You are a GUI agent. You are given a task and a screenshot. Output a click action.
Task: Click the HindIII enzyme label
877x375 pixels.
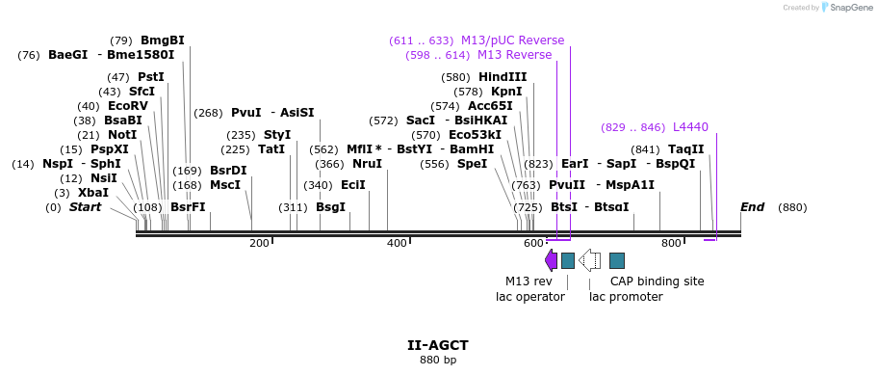503,77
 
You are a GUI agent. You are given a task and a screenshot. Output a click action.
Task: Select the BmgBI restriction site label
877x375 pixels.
162,40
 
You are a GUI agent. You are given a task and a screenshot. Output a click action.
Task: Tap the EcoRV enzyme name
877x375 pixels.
128,106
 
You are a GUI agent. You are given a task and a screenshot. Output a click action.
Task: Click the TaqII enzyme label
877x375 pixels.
685,149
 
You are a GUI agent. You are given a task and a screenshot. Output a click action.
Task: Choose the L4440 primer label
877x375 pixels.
690,127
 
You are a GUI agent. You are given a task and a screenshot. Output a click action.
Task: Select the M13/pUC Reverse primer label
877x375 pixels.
512,40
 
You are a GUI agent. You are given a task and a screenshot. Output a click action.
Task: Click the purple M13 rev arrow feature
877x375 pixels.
551,260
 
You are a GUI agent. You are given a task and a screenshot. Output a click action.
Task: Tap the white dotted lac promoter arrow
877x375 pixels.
590,260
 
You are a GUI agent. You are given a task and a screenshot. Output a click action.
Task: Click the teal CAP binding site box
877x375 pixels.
617,260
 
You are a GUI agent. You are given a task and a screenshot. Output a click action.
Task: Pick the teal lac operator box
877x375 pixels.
568,260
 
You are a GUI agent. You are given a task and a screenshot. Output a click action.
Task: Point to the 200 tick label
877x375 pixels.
259,244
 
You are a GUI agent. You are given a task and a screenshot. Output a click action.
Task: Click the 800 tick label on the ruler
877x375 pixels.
671,244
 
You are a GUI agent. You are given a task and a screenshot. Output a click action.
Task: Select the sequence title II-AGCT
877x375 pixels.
437,344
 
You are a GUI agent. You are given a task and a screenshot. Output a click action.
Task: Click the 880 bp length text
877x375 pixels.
437,361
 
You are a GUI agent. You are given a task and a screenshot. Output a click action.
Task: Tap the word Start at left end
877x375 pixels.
85,207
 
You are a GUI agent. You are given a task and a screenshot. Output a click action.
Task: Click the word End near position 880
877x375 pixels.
752,207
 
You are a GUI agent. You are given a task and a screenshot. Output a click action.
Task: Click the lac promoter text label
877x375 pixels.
626,297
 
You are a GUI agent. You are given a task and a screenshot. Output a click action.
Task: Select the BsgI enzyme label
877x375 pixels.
330,207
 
